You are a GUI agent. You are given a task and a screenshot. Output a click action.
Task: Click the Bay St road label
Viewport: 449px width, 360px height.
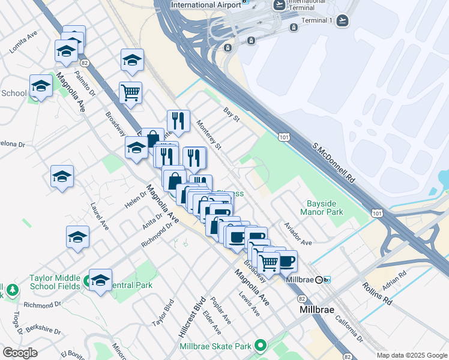[231, 114]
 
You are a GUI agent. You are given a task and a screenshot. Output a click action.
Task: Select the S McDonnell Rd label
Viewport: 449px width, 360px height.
[333, 163]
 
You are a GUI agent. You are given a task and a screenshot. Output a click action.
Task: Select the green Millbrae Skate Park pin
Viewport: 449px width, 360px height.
[261, 346]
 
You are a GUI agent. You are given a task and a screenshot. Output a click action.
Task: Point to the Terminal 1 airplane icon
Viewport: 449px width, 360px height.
[342, 20]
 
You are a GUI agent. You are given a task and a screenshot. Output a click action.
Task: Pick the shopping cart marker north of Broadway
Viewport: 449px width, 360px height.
[130, 92]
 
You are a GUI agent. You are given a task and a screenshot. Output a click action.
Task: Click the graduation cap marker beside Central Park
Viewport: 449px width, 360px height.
[100, 280]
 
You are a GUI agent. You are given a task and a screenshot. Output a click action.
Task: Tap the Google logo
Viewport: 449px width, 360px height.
[20, 352]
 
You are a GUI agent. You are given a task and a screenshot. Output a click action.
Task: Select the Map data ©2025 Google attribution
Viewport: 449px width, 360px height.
[411, 355]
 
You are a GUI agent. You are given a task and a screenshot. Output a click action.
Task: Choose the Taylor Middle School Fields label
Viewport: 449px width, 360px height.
[55, 282]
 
